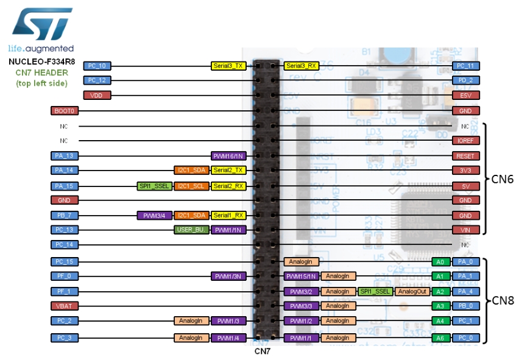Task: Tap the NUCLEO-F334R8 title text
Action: [41, 62]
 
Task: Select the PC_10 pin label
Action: [97, 65]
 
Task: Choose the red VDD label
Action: [97, 95]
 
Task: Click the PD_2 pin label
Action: [466, 80]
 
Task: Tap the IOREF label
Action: [466, 140]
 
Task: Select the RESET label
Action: [466, 155]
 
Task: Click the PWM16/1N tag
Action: [228, 155]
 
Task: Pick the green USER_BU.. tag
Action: [191, 230]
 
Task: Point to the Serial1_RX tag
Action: [228, 215]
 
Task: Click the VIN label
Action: [466, 230]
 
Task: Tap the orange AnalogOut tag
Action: [412, 291]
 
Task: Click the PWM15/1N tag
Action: [302, 276]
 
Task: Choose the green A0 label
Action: [440, 261]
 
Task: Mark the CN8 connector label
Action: [504, 300]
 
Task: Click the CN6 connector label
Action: [504, 179]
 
